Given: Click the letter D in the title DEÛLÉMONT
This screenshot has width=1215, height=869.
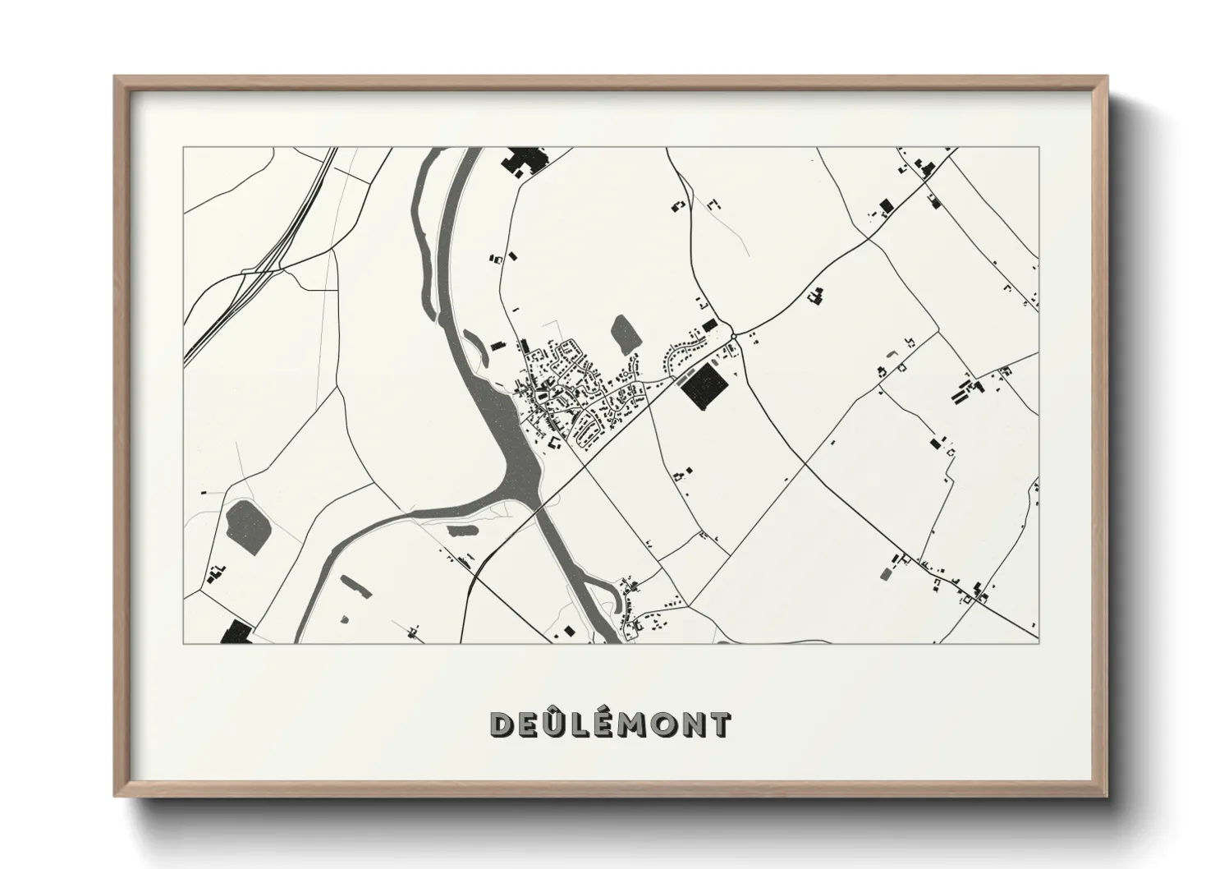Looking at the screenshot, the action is tap(502, 724).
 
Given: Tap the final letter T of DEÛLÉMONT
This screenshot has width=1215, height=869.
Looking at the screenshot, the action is tap(719, 724).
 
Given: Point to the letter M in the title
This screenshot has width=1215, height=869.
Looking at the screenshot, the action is tap(636, 724).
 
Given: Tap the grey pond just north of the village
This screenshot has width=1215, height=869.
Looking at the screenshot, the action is tap(625, 333).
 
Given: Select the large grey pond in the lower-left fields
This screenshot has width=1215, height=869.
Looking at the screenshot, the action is tap(242, 522).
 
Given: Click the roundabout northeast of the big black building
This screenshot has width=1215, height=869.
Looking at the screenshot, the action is tap(735, 335).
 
